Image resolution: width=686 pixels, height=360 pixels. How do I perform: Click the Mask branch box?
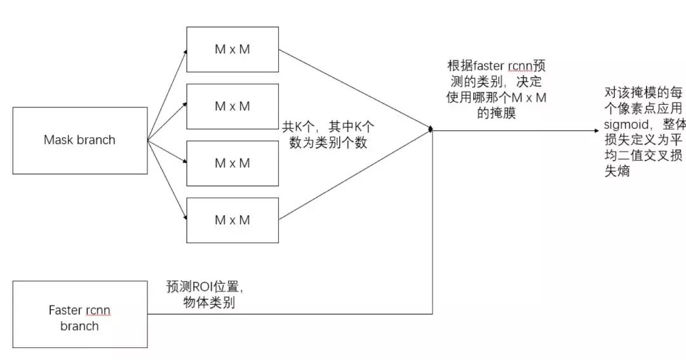[80, 140]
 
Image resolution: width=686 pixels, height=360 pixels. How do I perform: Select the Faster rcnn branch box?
[80, 314]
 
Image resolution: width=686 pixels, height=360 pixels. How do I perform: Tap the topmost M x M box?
[232, 50]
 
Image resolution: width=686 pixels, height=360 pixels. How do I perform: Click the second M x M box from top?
[232, 106]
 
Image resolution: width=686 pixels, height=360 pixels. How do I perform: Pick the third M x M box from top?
[232, 163]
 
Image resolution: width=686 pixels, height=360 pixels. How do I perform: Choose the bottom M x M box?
[232, 220]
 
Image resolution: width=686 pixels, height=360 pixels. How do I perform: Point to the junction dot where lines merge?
[431, 130]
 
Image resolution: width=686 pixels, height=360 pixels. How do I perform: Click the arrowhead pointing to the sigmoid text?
[596, 131]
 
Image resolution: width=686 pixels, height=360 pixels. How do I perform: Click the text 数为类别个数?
[328, 143]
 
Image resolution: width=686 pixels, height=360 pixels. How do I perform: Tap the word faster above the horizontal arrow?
[483, 67]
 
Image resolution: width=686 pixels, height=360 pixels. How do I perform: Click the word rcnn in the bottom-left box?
[97, 310]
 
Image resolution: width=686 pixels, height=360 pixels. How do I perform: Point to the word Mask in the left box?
[59, 140]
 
